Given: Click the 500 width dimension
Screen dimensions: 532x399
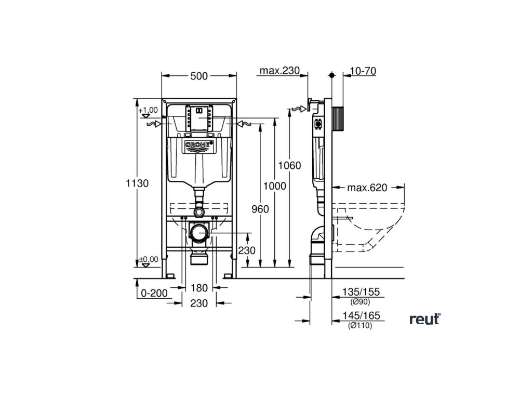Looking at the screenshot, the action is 198,76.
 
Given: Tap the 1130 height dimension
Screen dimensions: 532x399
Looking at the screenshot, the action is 137,183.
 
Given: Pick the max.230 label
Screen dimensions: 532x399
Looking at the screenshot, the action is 280,71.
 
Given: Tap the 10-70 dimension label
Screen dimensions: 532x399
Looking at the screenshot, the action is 364,71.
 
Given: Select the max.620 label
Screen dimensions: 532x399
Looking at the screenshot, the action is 367,188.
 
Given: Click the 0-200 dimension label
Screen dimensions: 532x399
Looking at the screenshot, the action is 154,292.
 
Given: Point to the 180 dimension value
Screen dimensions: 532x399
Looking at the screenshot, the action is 199,288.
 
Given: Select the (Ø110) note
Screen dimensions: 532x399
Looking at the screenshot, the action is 360,326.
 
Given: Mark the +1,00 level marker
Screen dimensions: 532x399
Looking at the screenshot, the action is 148,110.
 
